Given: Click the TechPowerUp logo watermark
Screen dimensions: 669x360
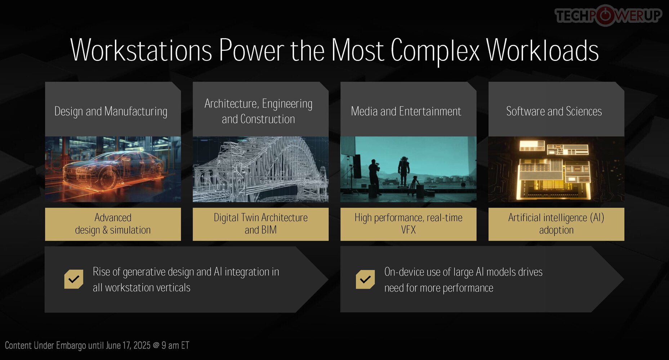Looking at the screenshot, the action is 608,15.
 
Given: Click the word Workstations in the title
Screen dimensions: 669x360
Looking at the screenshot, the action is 141,50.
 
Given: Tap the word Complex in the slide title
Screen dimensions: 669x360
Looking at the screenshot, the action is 435,51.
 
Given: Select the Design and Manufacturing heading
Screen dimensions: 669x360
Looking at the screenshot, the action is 111,112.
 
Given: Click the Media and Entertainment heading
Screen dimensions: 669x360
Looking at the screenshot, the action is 406,111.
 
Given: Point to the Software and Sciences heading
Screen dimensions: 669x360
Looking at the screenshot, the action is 554,111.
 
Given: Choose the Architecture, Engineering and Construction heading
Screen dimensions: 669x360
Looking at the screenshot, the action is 258,111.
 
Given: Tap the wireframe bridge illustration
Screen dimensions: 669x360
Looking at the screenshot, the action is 260,169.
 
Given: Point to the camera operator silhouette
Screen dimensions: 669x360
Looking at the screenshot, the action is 374,177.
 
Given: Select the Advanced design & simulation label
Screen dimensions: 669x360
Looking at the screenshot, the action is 113,224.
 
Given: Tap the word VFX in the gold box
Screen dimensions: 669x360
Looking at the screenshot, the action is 409,230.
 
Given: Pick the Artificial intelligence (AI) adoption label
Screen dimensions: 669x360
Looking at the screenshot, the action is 556,224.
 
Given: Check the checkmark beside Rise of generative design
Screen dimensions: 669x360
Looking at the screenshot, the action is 73,279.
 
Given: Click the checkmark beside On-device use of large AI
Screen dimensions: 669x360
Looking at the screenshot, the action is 365,279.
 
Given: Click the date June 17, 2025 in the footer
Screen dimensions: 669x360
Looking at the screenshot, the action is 128,346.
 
